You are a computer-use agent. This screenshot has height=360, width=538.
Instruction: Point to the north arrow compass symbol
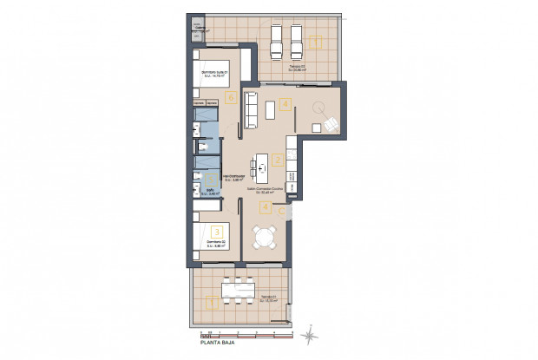coord(311,332)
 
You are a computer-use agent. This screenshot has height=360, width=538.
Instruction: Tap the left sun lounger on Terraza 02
coord(278,39)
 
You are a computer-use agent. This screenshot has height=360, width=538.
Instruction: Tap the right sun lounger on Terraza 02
coord(295,39)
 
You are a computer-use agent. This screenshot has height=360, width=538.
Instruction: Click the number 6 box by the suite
coord(231,97)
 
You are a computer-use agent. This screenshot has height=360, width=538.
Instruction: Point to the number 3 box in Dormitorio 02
coord(217,231)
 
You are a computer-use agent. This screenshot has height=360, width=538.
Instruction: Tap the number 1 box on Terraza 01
coord(210,303)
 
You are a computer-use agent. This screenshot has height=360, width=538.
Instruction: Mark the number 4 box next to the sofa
coord(286,106)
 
